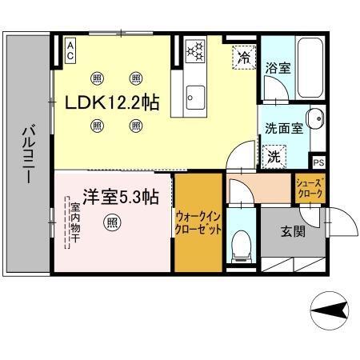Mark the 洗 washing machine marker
tap(274, 155)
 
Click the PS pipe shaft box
tap(318, 162)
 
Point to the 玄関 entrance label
tap(293, 233)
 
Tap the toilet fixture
tap(240, 247)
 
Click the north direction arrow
tap(329, 307)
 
